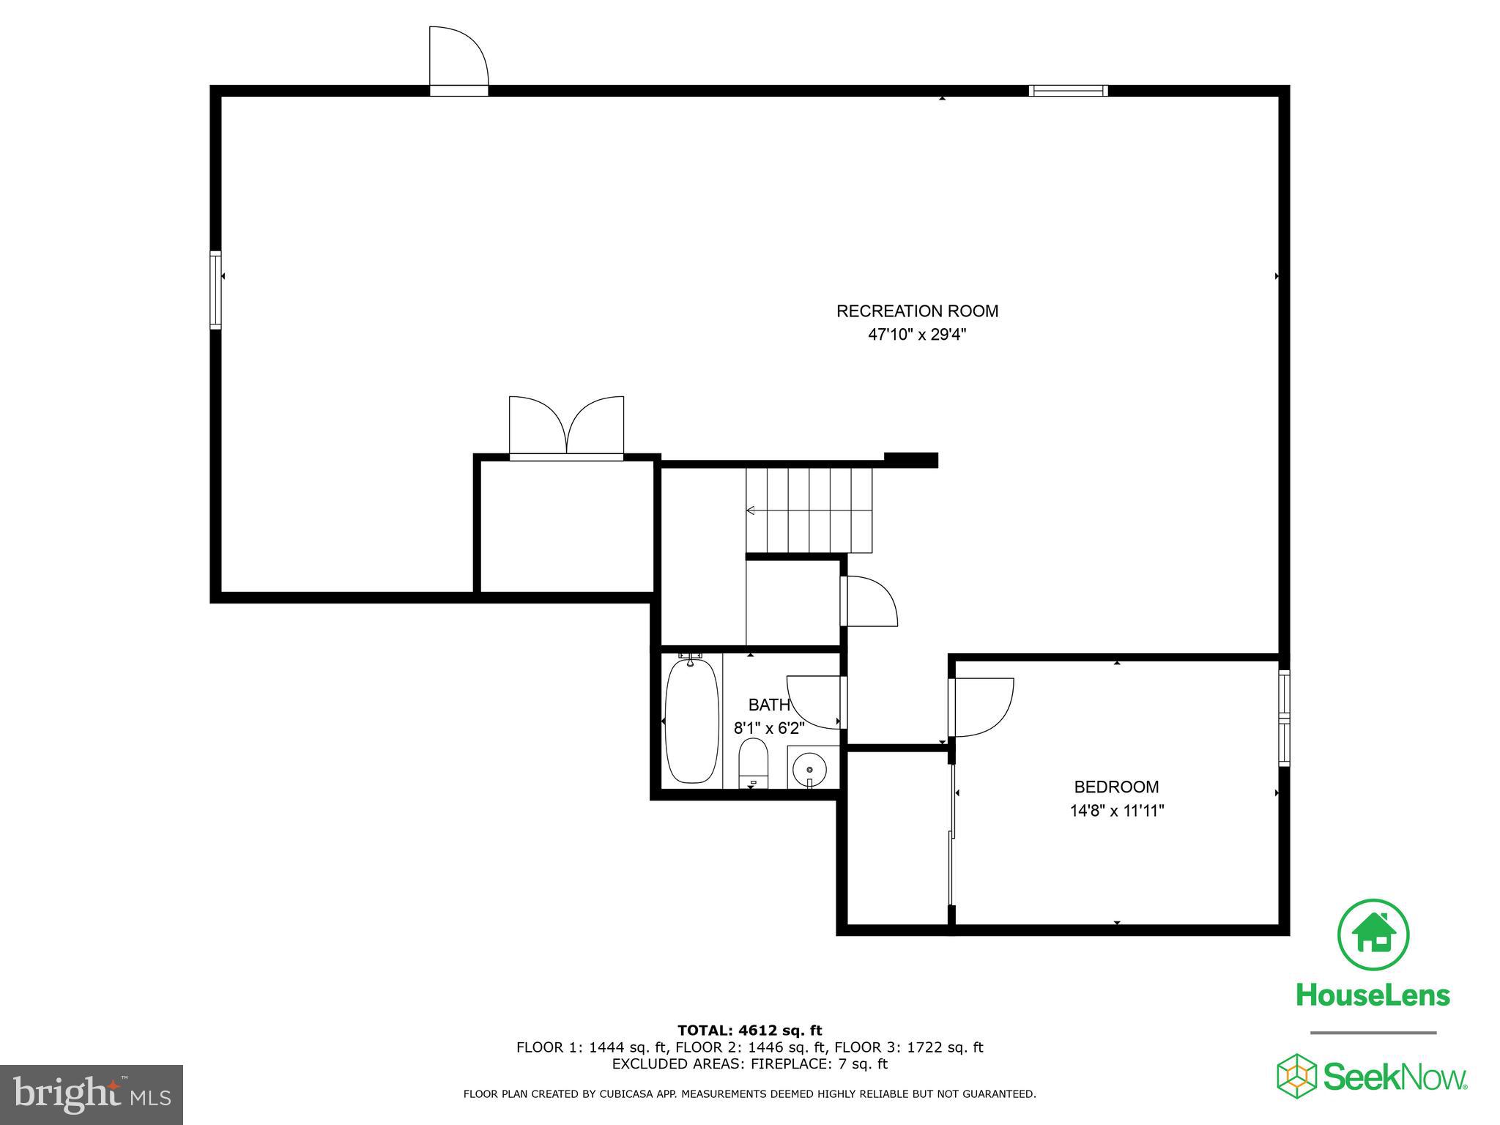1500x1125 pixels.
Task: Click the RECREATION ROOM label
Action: pos(917,311)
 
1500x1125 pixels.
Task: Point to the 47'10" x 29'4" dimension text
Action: pos(917,335)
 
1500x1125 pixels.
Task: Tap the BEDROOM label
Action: pos(1116,787)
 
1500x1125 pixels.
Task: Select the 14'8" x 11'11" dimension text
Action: pos(1116,811)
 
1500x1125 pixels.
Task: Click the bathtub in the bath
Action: pos(691,721)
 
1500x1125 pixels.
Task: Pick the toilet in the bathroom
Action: pos(752,762)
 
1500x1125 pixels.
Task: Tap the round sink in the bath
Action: pos(809,769)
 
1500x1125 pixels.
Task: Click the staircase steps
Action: pos(809,510)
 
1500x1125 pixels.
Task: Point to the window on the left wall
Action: pos(215,290)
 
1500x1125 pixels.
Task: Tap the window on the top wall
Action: pos(1068,91)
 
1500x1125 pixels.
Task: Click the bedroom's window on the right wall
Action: pos(1284,719)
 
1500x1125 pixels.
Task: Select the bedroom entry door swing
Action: pos(981,707)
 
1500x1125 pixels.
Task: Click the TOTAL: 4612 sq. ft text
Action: pos(749,1031)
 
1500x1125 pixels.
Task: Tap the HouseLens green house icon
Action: pos(1373,935)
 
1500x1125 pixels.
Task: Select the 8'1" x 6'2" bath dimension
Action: pos(769,729)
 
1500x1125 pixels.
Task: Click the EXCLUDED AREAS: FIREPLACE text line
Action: pos(749,1063)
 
